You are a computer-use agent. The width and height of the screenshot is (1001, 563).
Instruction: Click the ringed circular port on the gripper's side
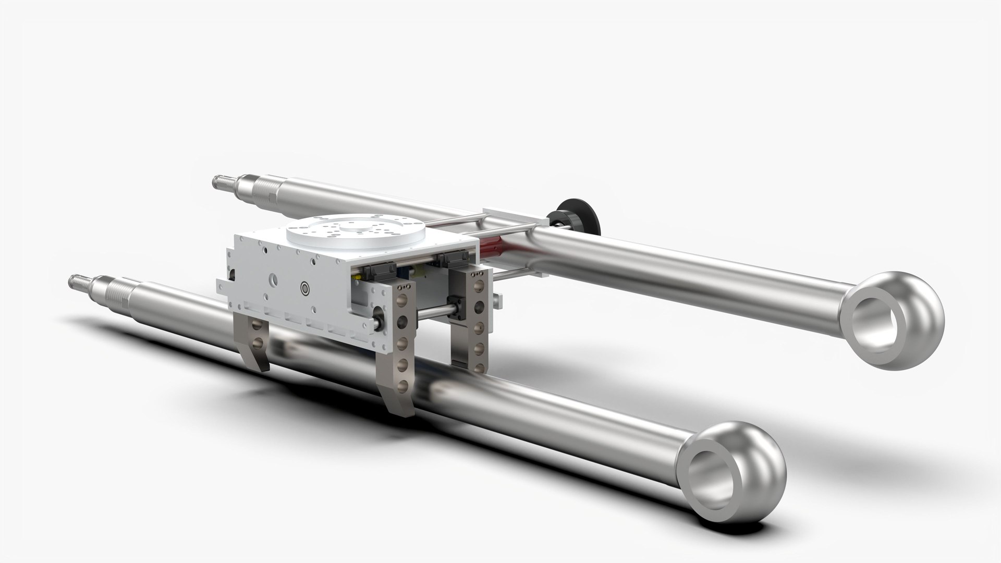point(306,287)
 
